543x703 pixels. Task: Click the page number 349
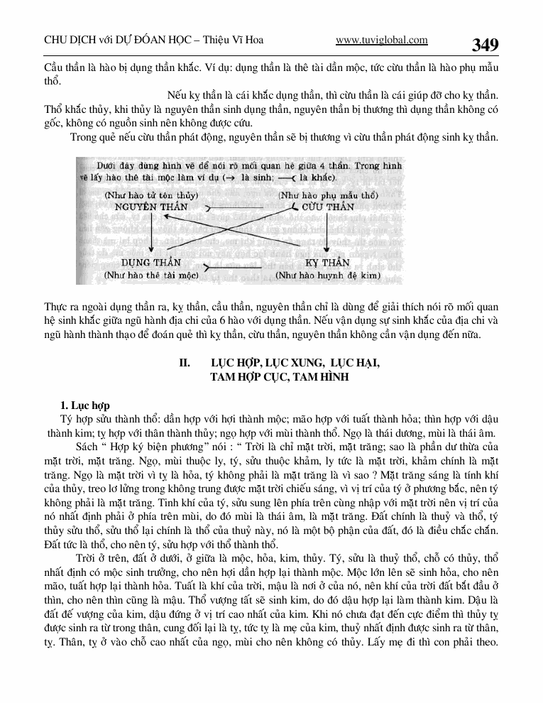pos(485,45)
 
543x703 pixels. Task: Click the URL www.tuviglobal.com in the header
pos(381,40)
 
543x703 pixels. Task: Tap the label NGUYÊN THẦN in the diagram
pos(151,207)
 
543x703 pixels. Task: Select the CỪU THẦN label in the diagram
pos(327,207)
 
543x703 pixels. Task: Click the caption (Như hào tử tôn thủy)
pos(150,195)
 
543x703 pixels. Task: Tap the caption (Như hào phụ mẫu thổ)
pos(327,195)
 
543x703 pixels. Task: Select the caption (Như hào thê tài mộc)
pos(150,274)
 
